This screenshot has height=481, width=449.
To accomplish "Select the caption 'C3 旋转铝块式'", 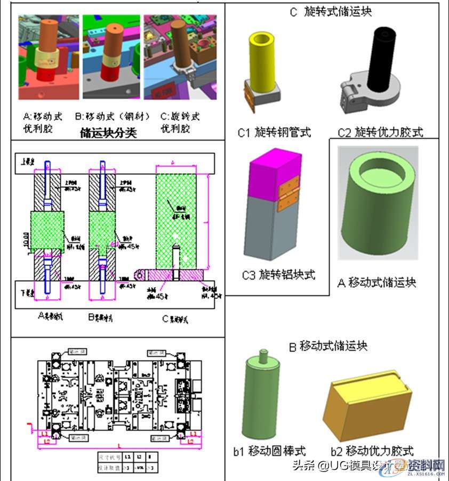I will click(278, 275).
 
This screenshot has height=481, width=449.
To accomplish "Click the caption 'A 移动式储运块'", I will click(377, 282).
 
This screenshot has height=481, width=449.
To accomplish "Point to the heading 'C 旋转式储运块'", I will click(331, 12).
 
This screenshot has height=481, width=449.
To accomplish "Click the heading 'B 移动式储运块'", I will click(328, 346).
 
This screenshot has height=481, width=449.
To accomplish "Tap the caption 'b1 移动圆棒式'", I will click(270, 451).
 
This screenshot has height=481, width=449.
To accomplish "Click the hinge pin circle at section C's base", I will click(140, 275).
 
